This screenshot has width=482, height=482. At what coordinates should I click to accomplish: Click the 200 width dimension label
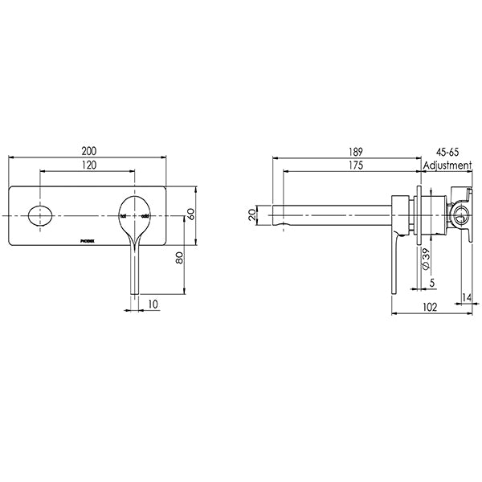89,150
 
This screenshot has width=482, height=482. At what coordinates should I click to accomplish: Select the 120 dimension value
89,164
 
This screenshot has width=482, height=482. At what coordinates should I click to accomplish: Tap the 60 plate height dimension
192,215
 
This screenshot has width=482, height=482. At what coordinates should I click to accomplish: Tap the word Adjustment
448,165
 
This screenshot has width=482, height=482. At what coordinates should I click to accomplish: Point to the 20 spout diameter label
251,215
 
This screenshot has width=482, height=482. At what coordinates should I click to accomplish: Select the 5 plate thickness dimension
431,282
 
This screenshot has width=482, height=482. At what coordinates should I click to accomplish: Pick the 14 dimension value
468,298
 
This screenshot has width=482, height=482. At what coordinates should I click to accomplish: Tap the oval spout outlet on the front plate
38,216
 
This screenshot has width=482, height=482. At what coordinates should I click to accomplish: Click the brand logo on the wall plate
91,239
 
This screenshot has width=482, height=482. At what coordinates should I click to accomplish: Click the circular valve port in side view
458,215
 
